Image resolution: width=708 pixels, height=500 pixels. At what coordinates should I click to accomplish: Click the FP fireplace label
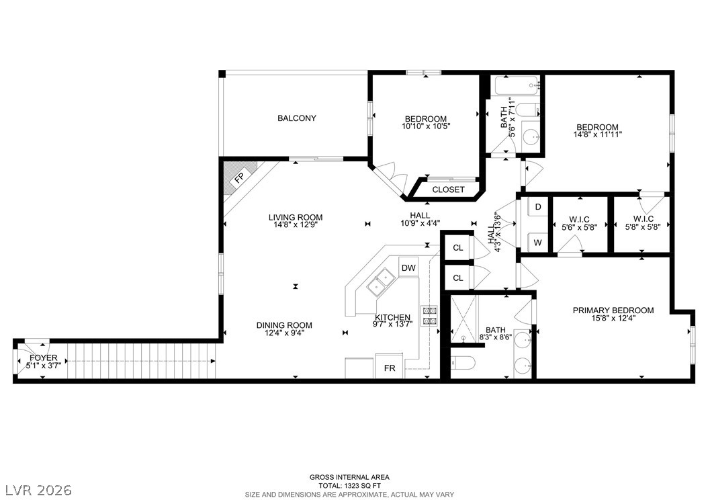tap(239, 177)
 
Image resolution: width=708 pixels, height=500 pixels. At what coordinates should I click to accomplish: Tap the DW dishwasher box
tap(408, 267)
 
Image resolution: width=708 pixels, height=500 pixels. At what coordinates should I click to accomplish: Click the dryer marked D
tap(538, 207)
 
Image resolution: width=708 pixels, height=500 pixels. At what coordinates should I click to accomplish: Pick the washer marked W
tap(538, 243)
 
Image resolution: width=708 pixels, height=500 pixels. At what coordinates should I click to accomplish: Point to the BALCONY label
tap(297, 118)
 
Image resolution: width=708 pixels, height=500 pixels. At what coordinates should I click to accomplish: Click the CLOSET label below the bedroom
tap(448, 190)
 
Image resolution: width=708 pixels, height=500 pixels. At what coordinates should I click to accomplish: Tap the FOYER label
tap(44, 358)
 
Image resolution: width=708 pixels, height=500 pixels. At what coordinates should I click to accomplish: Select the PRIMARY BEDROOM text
tap(613, 310)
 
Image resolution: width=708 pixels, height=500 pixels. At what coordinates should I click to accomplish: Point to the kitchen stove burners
tap(429, 316)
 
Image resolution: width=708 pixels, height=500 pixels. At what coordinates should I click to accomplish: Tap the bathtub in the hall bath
tap(516, 85)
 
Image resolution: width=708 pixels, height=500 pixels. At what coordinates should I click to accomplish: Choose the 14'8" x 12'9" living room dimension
tap(296, 224)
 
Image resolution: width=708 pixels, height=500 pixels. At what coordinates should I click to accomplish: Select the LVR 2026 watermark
tap(38, 490)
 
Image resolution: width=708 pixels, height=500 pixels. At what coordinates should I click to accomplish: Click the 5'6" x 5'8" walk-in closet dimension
tap(579, 227)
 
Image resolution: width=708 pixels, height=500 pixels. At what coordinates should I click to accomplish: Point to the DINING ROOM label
tap(284, 325)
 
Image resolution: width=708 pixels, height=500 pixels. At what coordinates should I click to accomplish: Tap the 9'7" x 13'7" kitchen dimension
tap(393, 323)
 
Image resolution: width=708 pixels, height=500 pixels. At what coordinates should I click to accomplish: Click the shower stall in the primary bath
tap(463, 318)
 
